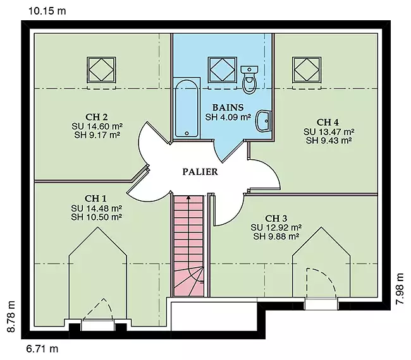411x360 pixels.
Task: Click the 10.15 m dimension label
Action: [x=47, y=11]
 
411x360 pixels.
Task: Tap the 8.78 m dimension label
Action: [x=11, y=316]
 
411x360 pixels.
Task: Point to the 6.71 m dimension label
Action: [x=42, y=349]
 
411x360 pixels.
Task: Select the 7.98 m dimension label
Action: [x=400, y=289]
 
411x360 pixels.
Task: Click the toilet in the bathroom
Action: [x=249, y=80]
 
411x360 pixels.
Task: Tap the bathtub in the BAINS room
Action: [x=187, y=109]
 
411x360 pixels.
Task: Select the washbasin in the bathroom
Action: [x=263, y=121]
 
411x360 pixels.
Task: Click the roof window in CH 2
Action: [x=101, y=69]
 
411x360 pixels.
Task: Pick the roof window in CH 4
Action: [x=307, y=69]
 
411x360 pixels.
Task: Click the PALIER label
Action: [x=200, y=172]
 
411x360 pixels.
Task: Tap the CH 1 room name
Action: [x=95, y=198]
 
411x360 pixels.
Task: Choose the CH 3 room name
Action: [x=276, y=218]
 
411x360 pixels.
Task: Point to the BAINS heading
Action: [x=228, y=107]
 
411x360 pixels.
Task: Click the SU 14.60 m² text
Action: [x=97, y=126]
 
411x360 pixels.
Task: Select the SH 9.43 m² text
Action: [x=329, y=141]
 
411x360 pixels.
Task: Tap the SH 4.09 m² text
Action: [x=228, y=117]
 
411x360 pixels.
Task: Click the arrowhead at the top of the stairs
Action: [x=188, y=198]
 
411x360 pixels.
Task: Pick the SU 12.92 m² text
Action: [x=276, y=227]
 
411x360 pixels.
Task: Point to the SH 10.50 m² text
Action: [x=96, y=217]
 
